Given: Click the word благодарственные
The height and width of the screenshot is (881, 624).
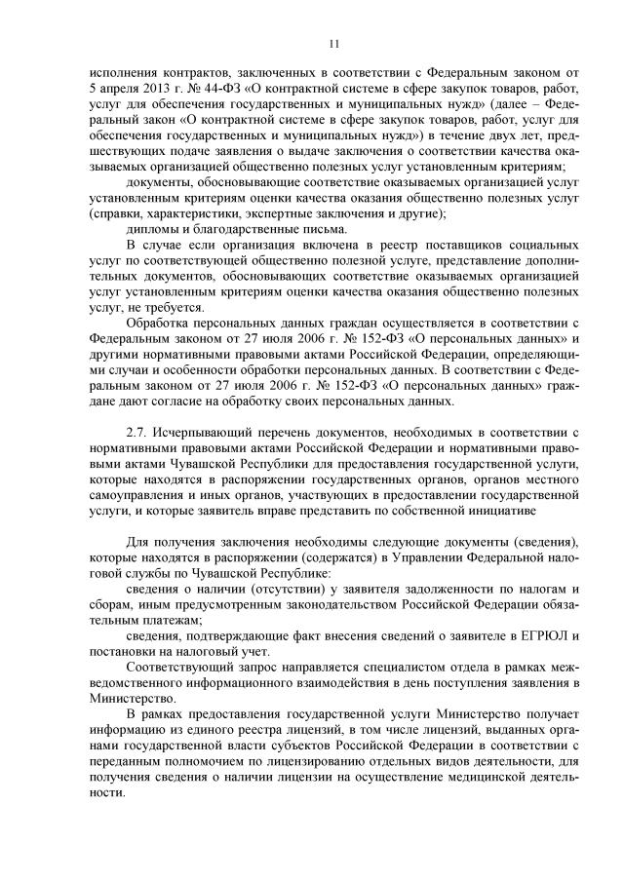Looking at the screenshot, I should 235,229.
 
